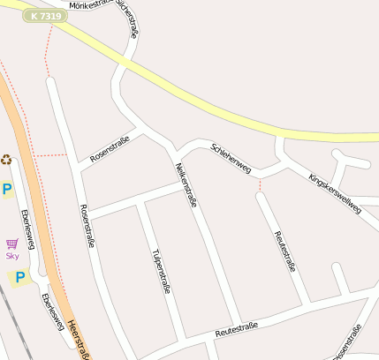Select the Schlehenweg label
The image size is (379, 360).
click(x=231, y=156)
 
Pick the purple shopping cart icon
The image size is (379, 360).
click(x=12, y=244)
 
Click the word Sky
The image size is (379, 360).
click(x=12, y=256)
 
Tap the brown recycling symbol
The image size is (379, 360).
click(x=7, y=160)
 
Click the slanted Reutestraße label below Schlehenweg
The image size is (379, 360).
click(x=284, y=251)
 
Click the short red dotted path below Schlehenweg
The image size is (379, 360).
click(x=260, y=184)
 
